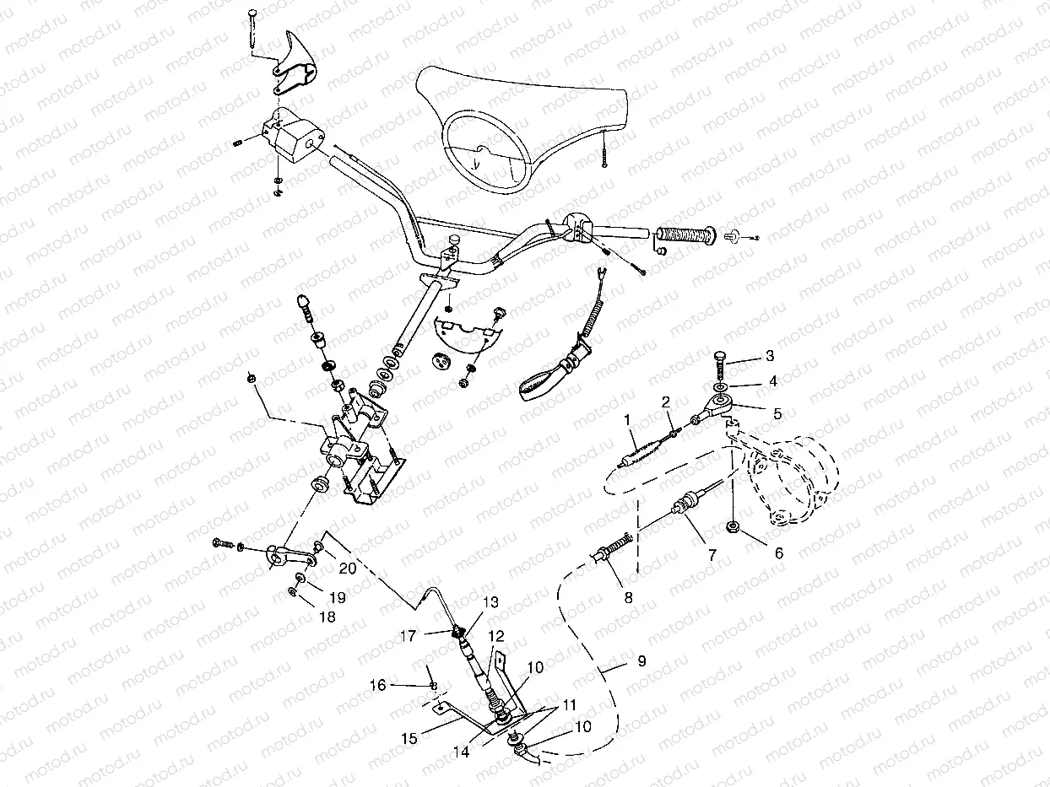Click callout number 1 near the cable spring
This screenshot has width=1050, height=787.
tap(627, 419)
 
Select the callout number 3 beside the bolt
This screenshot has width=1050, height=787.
tap(769, 355)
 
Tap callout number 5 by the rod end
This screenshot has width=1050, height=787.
tap(777, 413)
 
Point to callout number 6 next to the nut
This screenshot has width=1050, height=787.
tap(778, 553)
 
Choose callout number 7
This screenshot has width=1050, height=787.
tap(712, 556)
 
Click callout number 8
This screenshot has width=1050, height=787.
tap(627, 597)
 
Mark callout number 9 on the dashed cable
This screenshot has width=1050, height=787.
tap(641, 661)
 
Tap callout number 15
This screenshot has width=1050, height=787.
tap(409, 739)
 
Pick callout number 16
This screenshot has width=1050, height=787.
tap(377, 686)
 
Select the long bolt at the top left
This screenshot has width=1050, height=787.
tap(253, 34)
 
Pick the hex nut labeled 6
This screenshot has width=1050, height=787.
tap(733, 529)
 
